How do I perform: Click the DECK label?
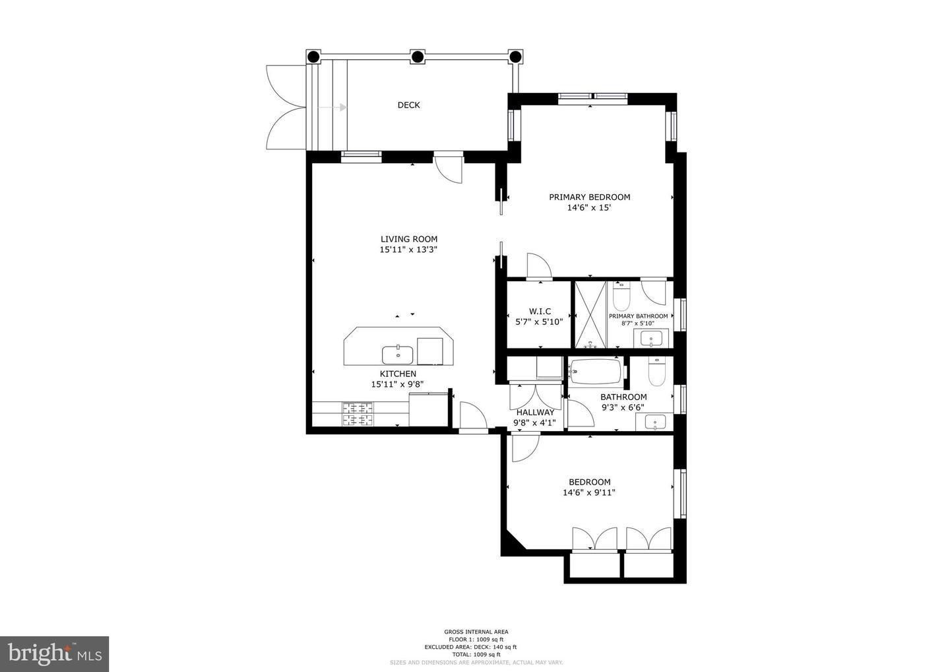pyautogui.click(x=408, y=105)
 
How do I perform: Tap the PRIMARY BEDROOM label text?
pyautogui.click(x=589, y=197)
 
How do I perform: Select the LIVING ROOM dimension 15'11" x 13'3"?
pyautogui.click(x=408, y=250)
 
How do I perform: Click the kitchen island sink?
pyautogui.click(x=398, y=355)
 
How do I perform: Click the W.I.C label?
pyautogui.click(x=540, y=312)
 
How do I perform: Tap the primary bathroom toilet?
pyautogui.click(x=621, y=299)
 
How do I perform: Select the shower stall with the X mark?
pyautogui.click(x=590, y=314)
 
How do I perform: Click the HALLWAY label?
pyautogui.click(x=535, y=413)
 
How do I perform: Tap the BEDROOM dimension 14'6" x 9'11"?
pyautogui.click(x=588, y=492)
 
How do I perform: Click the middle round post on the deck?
pyautogui.click(x=417, y=57)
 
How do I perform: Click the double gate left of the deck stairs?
pyautogui.click(x=284, y=107)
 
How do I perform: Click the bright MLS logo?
pyautogui.click(x=54, y=654)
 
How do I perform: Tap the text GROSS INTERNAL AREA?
pyautogui.click(x=476, y=632)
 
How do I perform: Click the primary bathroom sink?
pyautogui.click(x=652, y=339)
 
